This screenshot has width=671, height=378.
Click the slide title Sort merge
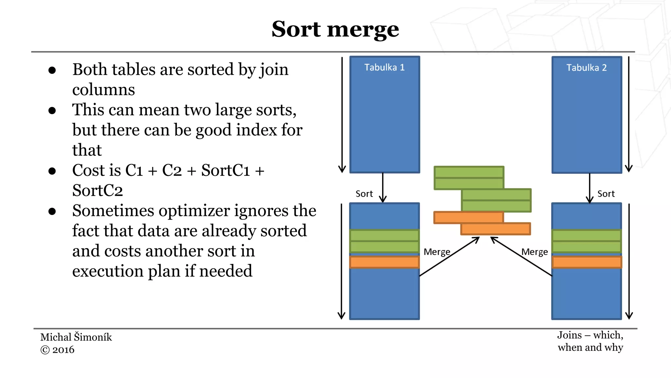[335, 30]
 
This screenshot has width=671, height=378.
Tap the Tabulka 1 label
[384, 67]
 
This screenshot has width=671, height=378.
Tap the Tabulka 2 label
[586, 68]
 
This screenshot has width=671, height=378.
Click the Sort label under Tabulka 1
[364, 194]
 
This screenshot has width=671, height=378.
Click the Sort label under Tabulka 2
[606, 194]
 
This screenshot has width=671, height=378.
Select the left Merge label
[437, 252]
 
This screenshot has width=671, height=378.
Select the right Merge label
[534, 252]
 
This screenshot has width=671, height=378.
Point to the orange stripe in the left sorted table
[384, 262]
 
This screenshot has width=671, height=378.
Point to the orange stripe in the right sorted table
[586, 262]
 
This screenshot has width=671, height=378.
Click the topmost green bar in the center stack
[469, 172]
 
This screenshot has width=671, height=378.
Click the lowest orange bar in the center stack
[495, 229]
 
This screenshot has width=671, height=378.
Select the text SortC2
[97, 191]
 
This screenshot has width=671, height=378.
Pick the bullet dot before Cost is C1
[52, 171]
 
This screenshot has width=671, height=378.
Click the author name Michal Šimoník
[76, 337]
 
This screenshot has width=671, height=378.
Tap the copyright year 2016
[63, 350]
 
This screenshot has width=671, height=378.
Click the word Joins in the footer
[569, 335]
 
